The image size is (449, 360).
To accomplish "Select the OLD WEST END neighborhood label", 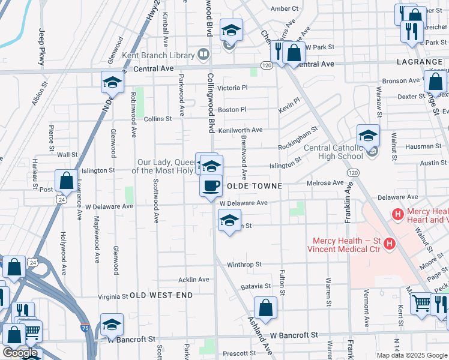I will coord(161,295).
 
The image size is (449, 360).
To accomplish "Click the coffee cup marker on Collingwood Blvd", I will coord(211,186).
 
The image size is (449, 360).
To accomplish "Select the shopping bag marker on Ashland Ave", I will coord(265,308).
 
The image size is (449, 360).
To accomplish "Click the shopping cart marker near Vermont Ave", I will coord(422,304).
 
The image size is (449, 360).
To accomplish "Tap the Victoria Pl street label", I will coord(232,88).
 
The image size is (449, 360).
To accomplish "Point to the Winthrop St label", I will coord(244,264).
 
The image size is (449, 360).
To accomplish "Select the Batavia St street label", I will coord(256,287).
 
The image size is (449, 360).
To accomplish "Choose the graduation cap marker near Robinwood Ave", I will coord(112,83).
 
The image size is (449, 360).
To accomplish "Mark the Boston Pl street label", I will coord(232,110).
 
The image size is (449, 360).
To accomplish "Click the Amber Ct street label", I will coord(285,8).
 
